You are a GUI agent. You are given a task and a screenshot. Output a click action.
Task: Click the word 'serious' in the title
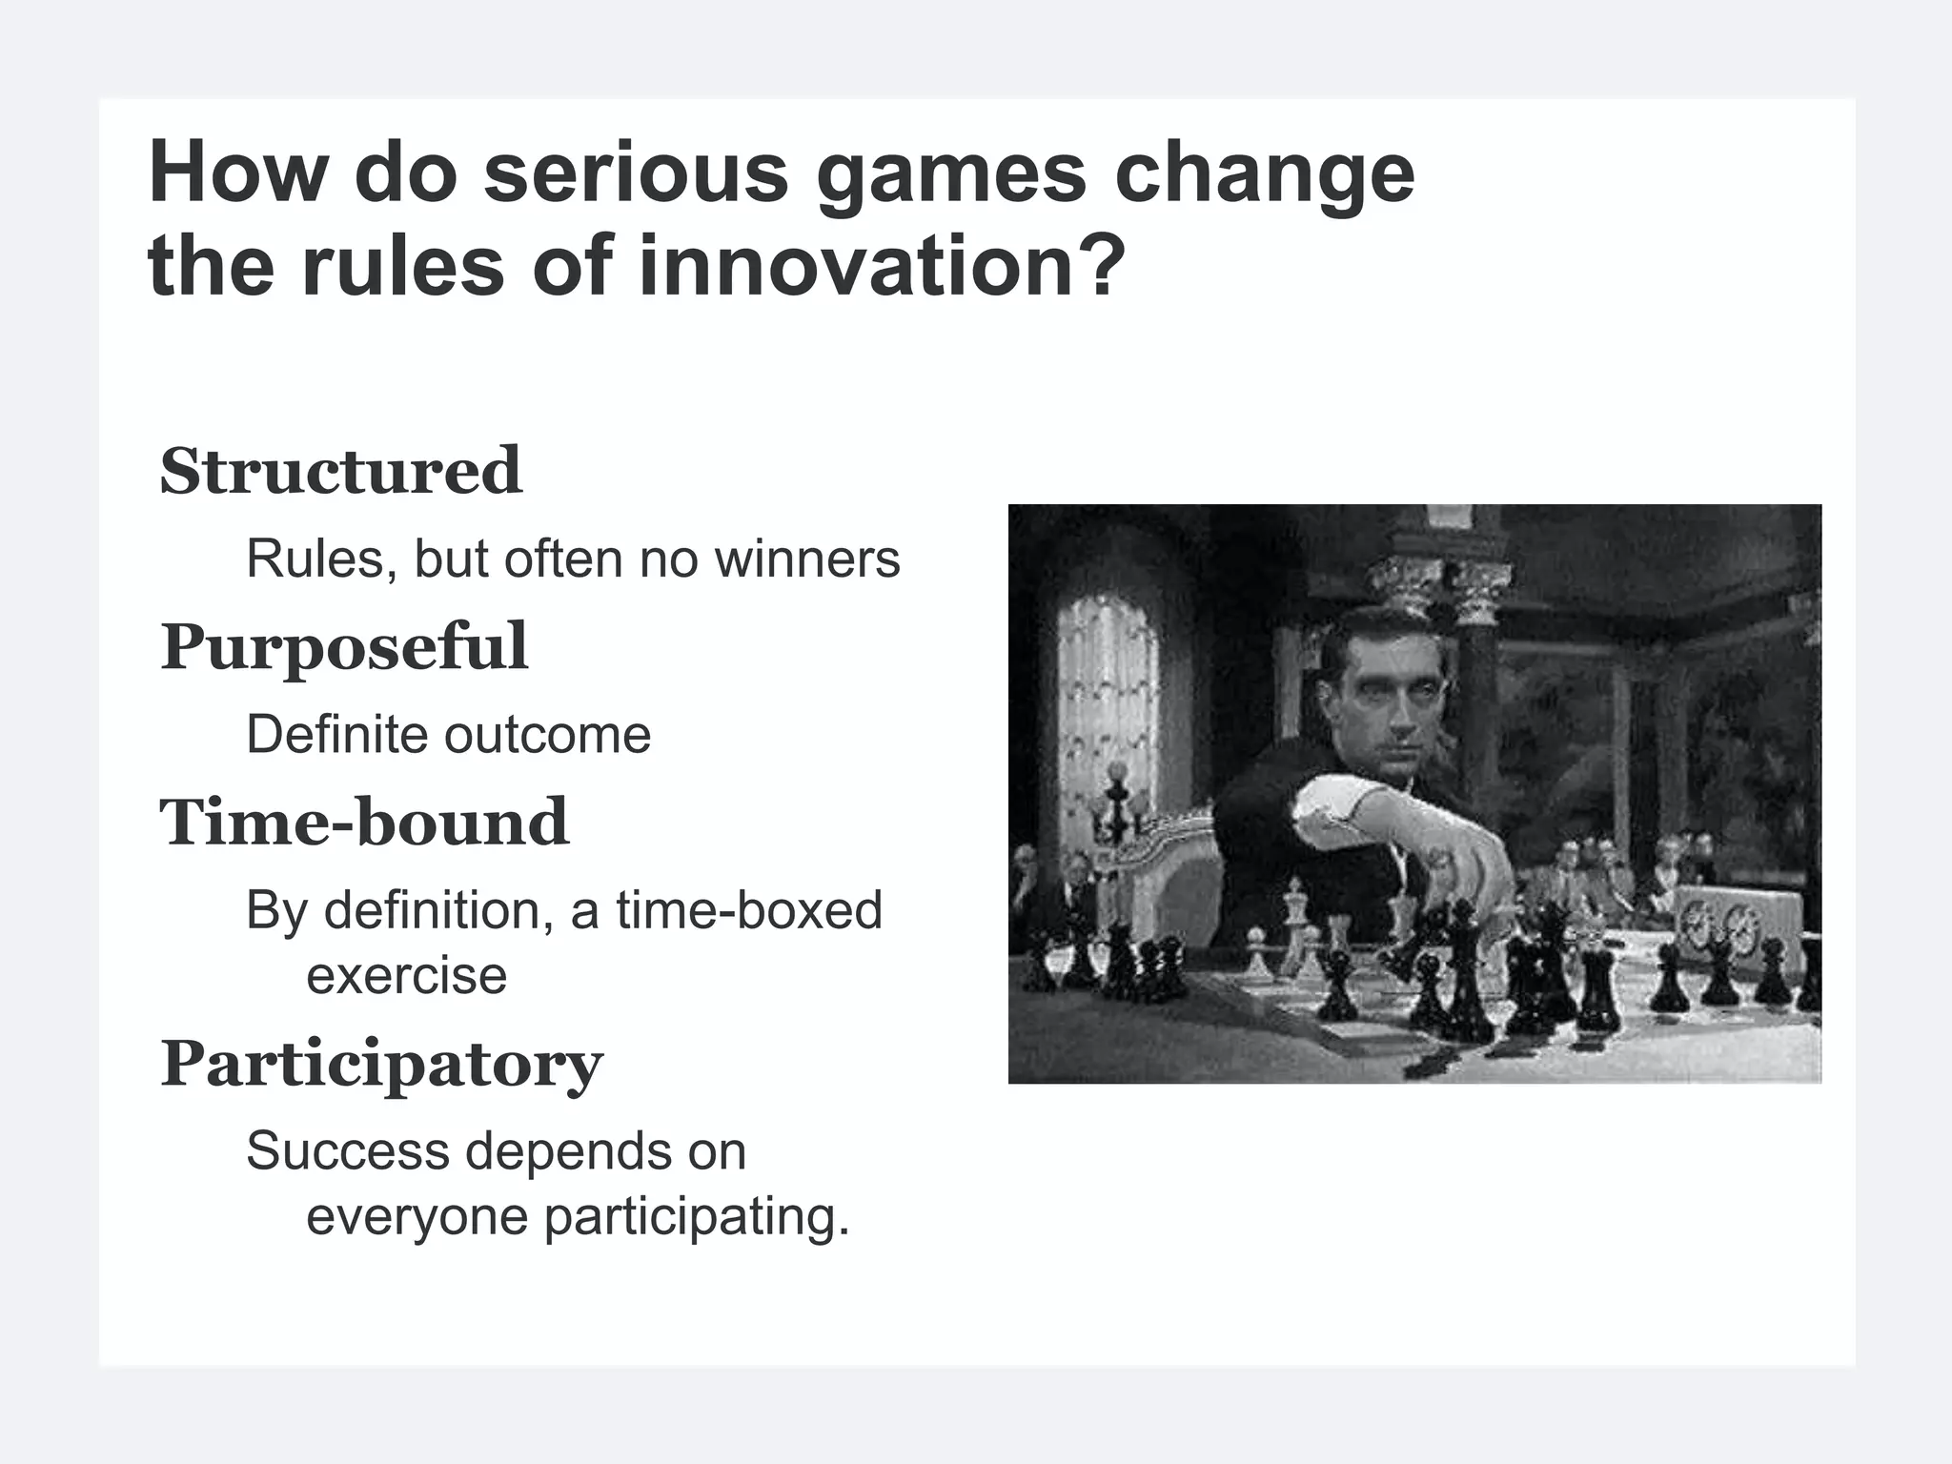[x=636, y=174]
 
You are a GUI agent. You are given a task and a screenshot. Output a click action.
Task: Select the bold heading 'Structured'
[x=340, y=471]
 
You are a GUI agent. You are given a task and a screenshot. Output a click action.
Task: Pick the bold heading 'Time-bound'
[x=364, y=823]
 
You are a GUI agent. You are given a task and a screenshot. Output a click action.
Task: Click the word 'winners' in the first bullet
[x=807, y=559]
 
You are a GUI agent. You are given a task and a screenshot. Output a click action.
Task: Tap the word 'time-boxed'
[x=748, y=910]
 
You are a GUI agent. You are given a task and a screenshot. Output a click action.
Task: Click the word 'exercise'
[x=406, y=975]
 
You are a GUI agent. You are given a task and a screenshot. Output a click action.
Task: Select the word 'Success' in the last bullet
[x=348, y=1151]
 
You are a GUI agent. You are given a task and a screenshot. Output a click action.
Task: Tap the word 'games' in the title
[x=951, y=174]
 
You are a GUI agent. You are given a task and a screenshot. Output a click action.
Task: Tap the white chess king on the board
[x=1295, y=915]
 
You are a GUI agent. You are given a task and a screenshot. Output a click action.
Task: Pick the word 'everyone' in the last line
[x=417, y=1217]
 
